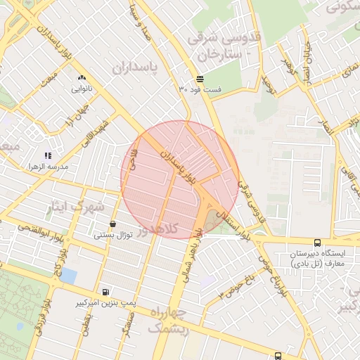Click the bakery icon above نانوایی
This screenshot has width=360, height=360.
click(x=81, y=78)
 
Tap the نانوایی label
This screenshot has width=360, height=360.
click(x=81, y=89)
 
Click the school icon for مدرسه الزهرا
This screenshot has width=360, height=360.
click(x=48, y=155)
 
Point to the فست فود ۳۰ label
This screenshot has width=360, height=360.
click(x=200, y=89)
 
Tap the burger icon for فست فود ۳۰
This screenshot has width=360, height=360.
click(x=200, y=79)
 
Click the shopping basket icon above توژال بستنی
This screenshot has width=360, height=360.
click(x=112, y=224)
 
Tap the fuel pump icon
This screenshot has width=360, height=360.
click(x=105, y=292)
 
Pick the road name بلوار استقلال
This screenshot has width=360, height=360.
click(x=233, y=223)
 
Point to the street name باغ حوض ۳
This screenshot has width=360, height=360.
click(x=236, y=288)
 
